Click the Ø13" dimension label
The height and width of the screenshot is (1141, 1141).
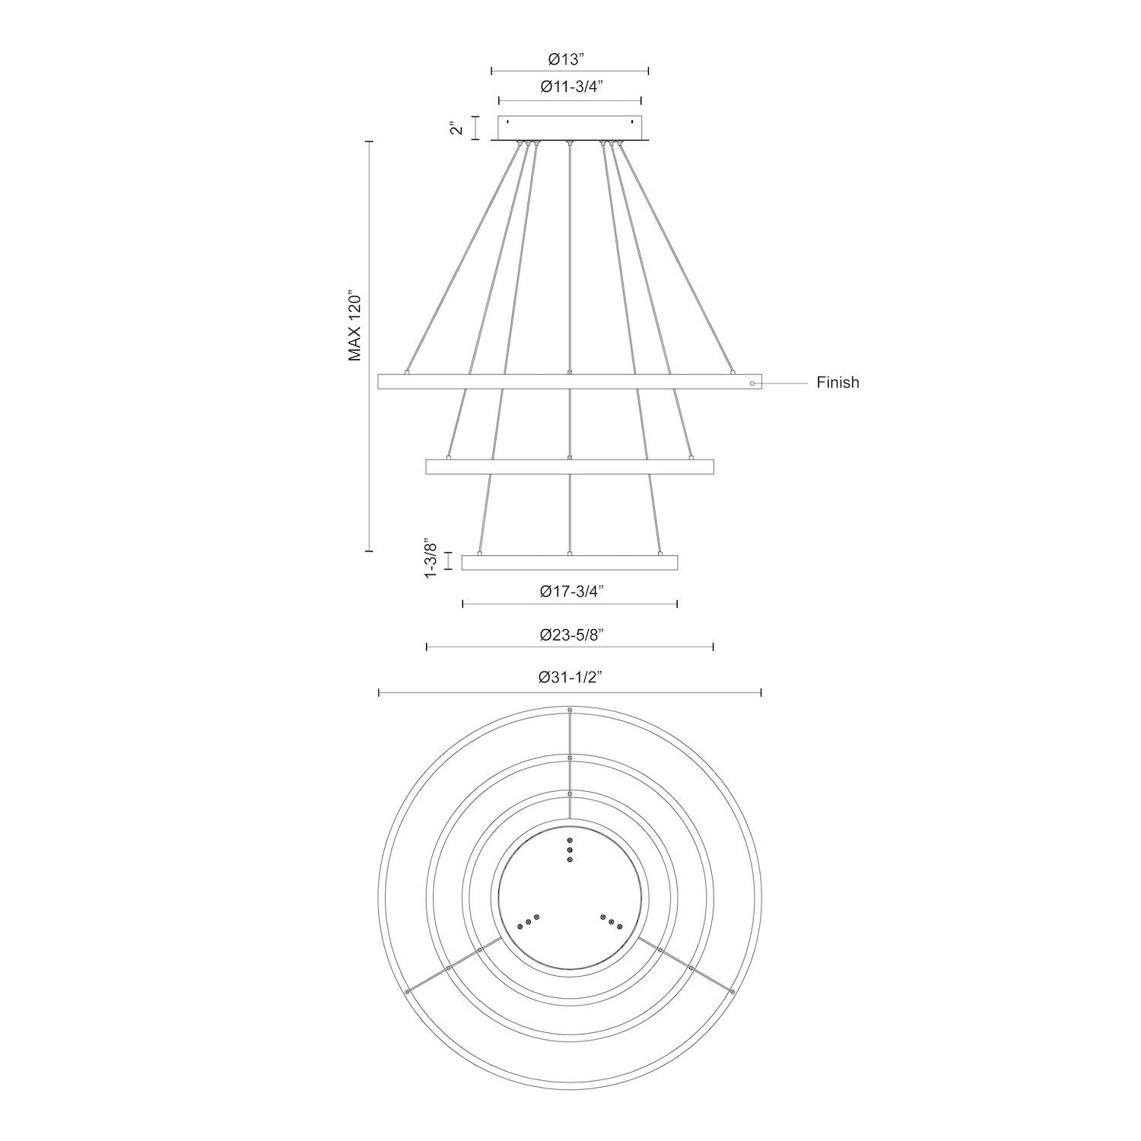click(x=570, y=58)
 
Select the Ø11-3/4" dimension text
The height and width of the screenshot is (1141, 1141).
click(x=571, y=87)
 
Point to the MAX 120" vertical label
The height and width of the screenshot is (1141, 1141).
click(x=354, y=325)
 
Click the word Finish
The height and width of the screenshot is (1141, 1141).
click(x=837, y=383)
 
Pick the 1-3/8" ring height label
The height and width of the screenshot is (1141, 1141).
click(x=432, y=561)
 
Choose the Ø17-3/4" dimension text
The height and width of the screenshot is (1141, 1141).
click(x=571, y=592)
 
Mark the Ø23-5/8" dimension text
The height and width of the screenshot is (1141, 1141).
click(x=571, y=635)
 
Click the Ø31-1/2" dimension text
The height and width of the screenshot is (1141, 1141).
click(x=571, y=679)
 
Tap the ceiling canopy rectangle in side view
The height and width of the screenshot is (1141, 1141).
click(x=570, y=127)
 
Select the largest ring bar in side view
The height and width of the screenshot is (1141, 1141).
click(x=570, y=383)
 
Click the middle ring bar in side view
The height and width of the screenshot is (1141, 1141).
click(x=570, y=466)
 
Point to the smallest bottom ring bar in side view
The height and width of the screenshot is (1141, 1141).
click(x=570, y=562)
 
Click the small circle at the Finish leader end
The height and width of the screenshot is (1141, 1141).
click(x=752, y=384)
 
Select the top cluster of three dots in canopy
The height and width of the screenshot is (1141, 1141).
click(x=570, y=850)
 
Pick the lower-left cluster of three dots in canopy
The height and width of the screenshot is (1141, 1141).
click(x=528, y=921)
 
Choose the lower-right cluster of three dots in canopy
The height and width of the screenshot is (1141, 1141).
click(x=611, y=921)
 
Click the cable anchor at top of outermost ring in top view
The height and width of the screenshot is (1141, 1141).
click(x=570, y=710)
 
